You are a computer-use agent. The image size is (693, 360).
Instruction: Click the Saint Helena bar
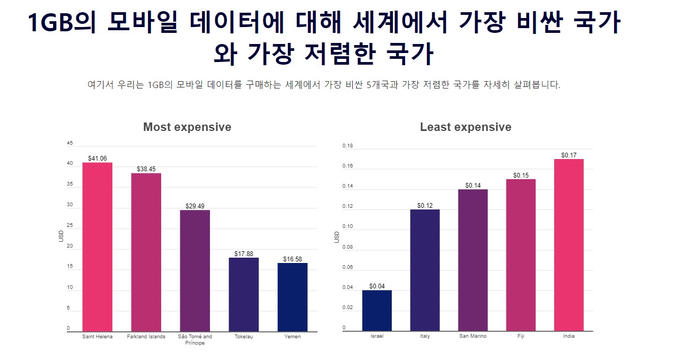pyautogui.click(x=98, y=247)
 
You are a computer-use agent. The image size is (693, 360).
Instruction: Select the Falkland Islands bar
pyautogui.click(x=146, y=252)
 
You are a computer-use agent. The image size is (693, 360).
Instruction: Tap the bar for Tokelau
pyautogui.click(x=244, y=295)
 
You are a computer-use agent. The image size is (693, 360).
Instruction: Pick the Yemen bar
pyautogui.click(x=293, y=297)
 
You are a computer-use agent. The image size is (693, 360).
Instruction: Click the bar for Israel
pyautogui.click(x=377, y=311)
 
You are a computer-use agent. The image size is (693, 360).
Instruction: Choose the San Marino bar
pyautogui.click(x=473, y=260)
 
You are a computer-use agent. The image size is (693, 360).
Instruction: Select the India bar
pyautogui.click(x=569, y=245)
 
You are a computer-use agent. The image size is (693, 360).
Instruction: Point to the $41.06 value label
pyautogui.click(x=98, y=159)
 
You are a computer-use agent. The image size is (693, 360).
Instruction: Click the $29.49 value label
pyautogui.click(x=195, y=206)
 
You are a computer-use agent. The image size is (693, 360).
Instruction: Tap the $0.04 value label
pyautogui.click(x=377, y=286)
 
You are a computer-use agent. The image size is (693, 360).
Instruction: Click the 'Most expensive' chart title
pyautogui.click(x=187, y=127)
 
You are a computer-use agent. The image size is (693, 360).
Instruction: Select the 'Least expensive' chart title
pyautogui.click(x=466, y=127)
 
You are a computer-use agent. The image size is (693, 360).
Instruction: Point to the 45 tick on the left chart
pyautogui.click(x=70, y=144)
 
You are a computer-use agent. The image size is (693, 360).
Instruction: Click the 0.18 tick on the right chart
pyautogui.click(x=348, y=146)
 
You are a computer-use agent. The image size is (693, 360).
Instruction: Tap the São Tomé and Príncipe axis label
pyautogui.click(x=195, y=340)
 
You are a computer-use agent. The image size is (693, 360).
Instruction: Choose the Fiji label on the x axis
pyautogui.click(x=521, y=336)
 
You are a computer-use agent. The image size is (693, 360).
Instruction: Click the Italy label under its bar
pyautogui.click(x=425, y=337)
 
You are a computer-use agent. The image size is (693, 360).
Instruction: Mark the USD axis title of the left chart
pyautogui.click(x=62, y=236)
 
